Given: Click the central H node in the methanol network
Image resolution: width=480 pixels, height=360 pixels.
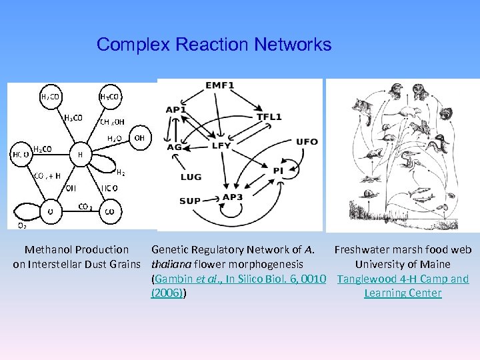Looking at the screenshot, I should click(81, 155).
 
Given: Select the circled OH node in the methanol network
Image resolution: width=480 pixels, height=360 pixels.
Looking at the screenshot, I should click(139, 138).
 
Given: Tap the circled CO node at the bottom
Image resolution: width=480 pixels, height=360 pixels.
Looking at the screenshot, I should click(110, 211).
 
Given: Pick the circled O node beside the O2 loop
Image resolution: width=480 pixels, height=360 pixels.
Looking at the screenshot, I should click(50, 211).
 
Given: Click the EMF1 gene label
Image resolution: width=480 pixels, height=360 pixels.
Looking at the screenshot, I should click(219, 86).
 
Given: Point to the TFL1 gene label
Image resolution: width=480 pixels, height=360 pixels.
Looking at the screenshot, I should click(269, 117).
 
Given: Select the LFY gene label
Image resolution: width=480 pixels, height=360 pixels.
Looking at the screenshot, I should click(221, 145).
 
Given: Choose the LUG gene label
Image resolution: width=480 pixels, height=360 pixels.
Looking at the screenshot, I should click(191, 177).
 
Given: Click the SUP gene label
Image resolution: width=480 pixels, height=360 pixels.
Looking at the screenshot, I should click(189, 201).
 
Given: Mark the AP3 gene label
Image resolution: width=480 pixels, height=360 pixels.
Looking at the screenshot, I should click(233, 197).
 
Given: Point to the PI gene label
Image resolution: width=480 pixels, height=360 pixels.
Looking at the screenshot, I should click(278, 171).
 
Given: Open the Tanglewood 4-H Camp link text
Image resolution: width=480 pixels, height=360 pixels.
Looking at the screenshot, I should click(403, 279).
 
